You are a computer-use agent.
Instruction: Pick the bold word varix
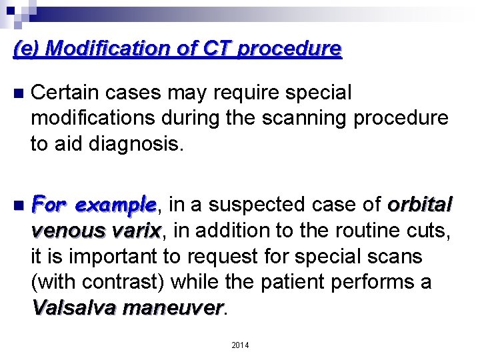tap(135, 231)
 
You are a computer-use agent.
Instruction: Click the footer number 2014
tap(239, 345)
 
